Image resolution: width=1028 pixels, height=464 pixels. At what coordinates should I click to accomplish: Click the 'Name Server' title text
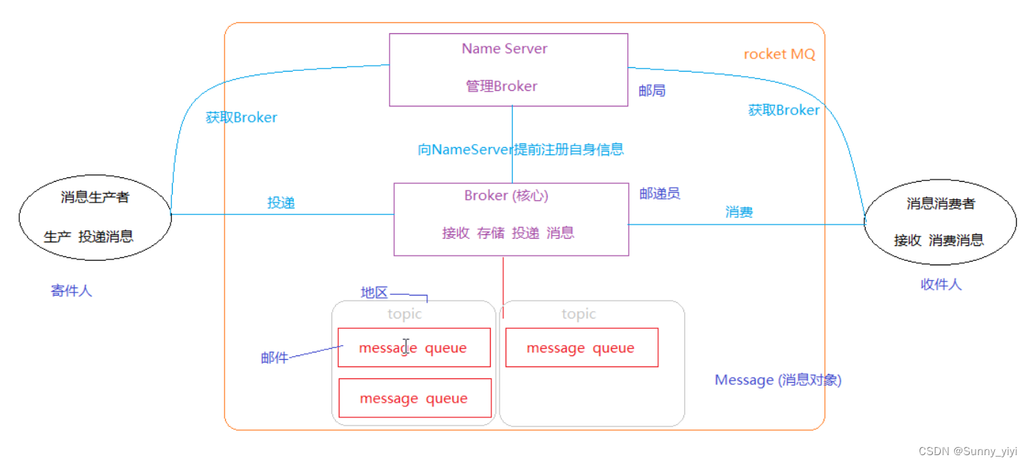click(x=505, y=49)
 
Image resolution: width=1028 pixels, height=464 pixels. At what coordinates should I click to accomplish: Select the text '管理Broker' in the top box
click(x=502, y=86)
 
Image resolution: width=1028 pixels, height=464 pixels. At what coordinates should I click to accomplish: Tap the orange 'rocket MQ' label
click(x=779, y=55)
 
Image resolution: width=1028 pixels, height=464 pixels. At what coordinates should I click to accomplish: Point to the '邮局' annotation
click(x=652, y=91)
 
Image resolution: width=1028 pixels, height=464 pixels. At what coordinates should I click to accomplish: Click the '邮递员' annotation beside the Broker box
click(x=660, y=194)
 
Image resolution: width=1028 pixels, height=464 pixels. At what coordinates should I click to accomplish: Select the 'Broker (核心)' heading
click(x=506, y=196)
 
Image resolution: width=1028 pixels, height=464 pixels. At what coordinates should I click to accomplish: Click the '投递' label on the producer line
click(x=281, y=202)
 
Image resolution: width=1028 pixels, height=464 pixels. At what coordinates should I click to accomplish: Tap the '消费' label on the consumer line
click(x=739, y=212)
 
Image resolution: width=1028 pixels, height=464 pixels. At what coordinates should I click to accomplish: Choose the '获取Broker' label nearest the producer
click(x=241, y=117)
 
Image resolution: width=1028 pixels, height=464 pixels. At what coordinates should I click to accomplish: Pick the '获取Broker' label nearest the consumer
click(x=784, y=110)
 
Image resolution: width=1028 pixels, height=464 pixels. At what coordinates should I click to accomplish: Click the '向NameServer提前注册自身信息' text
click(x=520, y=149)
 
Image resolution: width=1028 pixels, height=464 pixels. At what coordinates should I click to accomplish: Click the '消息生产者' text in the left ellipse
click(x=95, y=197)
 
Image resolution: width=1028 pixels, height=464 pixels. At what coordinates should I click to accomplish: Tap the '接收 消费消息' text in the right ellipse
click(x=939, y=240)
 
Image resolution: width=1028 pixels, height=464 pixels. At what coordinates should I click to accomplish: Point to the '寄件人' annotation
click(x=72, y=291)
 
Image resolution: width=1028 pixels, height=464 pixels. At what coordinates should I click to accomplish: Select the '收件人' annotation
click(x=941, y=284)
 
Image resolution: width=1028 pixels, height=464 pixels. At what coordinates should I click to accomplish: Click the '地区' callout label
click(x=374, y=293)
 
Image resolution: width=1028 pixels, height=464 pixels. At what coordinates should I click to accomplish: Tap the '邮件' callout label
click(x=275, y=358)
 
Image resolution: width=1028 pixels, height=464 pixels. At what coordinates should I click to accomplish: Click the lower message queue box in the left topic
click(x=414, y=398)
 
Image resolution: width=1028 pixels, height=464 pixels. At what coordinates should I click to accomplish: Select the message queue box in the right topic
click(x=582, y=348)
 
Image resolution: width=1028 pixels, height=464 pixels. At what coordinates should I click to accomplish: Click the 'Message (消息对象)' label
click(x=778, y=381)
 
